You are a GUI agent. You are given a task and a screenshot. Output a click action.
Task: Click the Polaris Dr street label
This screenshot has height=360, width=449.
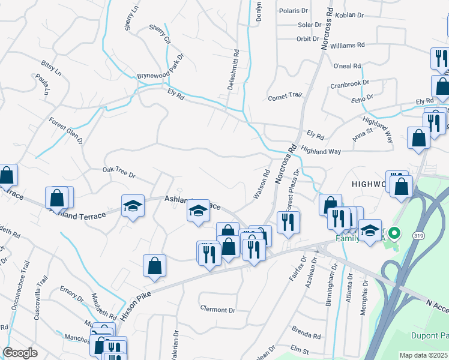point(294,11)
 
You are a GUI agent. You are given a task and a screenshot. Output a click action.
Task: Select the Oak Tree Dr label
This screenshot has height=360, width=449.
point(119,173)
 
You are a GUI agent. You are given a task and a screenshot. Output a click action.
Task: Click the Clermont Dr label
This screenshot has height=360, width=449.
point(217,310)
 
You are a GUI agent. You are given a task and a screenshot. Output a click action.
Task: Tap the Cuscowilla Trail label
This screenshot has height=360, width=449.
point(38,298)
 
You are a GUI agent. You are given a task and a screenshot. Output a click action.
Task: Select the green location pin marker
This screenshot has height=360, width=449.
point(394,232)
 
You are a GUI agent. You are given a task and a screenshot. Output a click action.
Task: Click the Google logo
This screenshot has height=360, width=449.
point(20,353)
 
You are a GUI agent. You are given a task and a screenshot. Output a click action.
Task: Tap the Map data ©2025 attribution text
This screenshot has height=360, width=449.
point(423,355)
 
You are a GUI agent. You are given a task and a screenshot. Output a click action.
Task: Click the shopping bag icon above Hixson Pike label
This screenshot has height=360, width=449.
point(154,265)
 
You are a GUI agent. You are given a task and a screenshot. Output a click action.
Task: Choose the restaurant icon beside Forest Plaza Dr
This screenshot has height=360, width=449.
point(288,222)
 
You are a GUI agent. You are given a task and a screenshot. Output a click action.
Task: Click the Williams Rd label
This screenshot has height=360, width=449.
point(347,45)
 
